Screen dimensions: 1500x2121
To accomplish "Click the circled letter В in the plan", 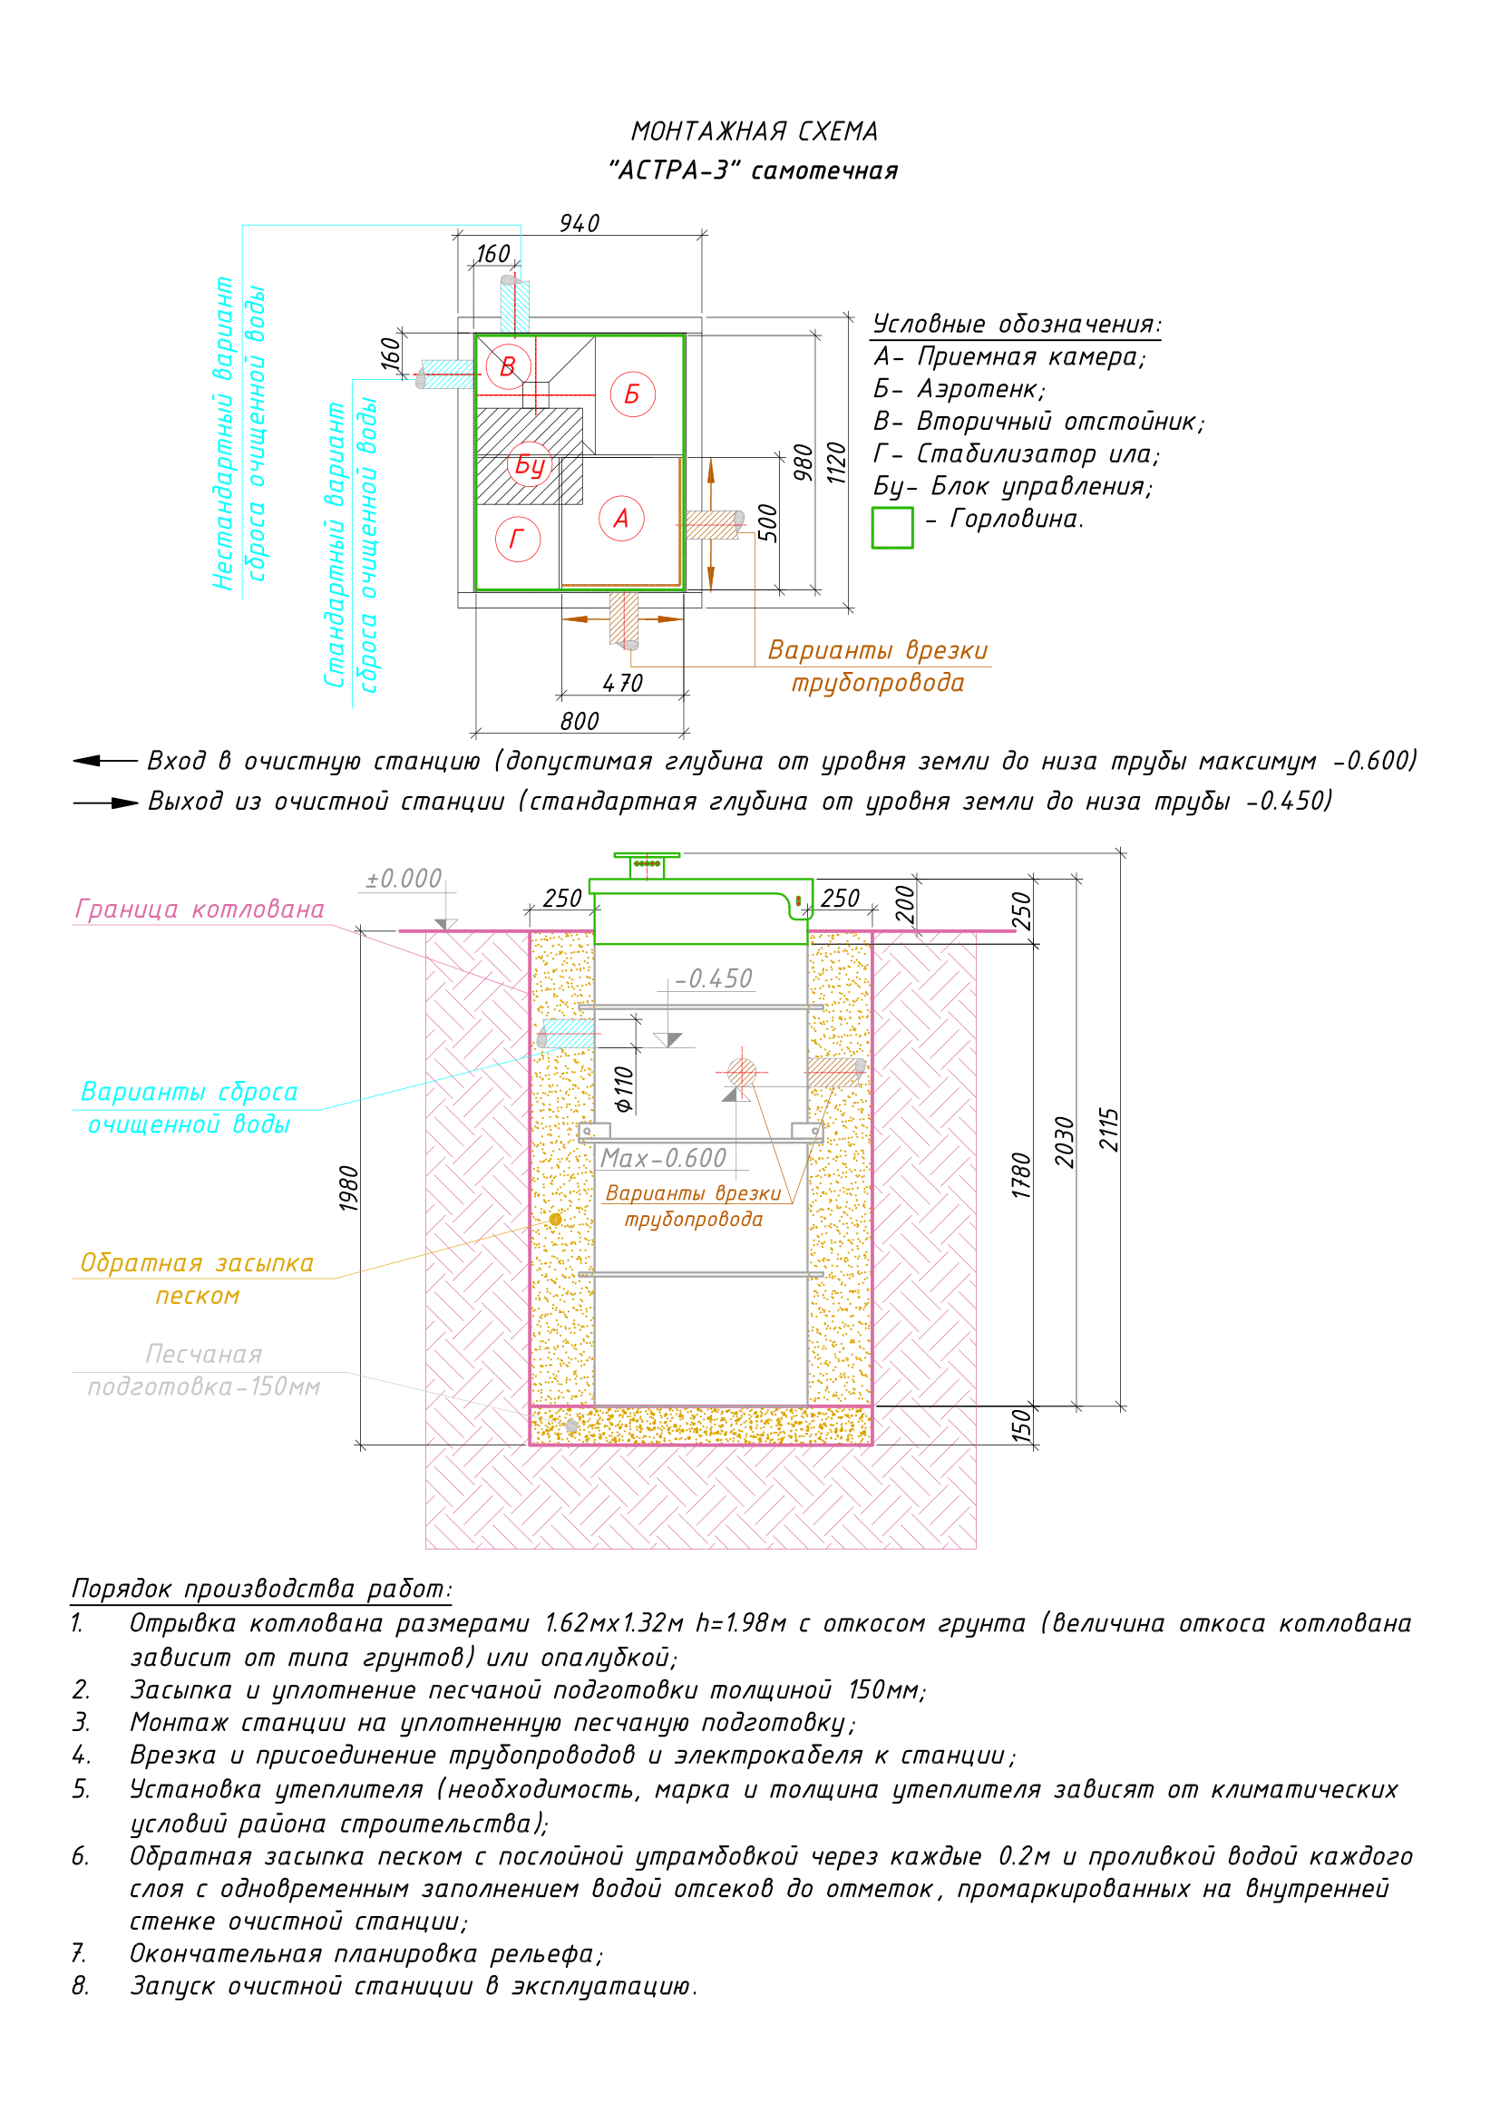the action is [x=507, y=366].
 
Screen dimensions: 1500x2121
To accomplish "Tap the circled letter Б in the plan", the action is [x=633, y=394].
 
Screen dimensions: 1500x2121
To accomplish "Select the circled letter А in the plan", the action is [x=621, y=519].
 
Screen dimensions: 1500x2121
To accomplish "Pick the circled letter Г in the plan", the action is [x=517, y=539].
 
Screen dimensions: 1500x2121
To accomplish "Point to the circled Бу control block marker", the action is [x=530, y=464].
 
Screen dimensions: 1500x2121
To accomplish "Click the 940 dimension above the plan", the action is [x=580, y=224].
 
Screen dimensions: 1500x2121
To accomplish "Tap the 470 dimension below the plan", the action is [x=622, y=684].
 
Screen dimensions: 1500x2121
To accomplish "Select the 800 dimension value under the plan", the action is [x=580, y=722].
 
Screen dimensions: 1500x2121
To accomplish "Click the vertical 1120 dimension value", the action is [x=836, y=462].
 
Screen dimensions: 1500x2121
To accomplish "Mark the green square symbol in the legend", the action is [x=892, y=528].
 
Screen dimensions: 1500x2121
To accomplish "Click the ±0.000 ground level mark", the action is [x=404, y=879].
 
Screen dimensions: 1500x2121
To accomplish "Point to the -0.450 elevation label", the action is [x=714, y=978].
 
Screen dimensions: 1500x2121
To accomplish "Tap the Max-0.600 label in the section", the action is [x=663, y=1158].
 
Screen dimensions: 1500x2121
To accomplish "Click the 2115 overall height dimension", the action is [x=1108, y=1129].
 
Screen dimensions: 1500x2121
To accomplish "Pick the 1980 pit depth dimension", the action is [x=348, y=1189].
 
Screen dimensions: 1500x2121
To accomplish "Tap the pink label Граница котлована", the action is [x=200, y=910].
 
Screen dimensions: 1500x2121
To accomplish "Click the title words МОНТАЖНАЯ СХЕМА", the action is [x=755, y=132].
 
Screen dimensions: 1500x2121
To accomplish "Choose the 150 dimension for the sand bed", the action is [x=1020, y=1425].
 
